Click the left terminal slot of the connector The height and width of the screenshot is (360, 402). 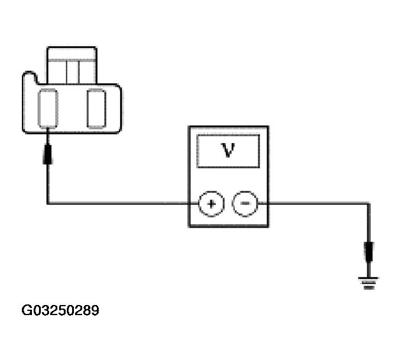(x=48, y=108)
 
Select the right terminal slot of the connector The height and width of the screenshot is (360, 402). (x=96, y=108)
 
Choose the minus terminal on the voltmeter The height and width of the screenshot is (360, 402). (x=245, y=204)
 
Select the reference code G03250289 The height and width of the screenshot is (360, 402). (x=60, y=310)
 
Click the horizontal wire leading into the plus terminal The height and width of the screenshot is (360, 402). (x=118, y=204)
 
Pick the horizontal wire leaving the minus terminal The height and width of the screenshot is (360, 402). (x=313, y=204)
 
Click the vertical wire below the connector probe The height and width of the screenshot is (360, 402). (x=48, y=183)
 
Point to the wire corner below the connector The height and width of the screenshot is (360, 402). (x=48, y=204)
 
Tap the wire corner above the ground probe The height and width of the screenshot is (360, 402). (x=369, y=204)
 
